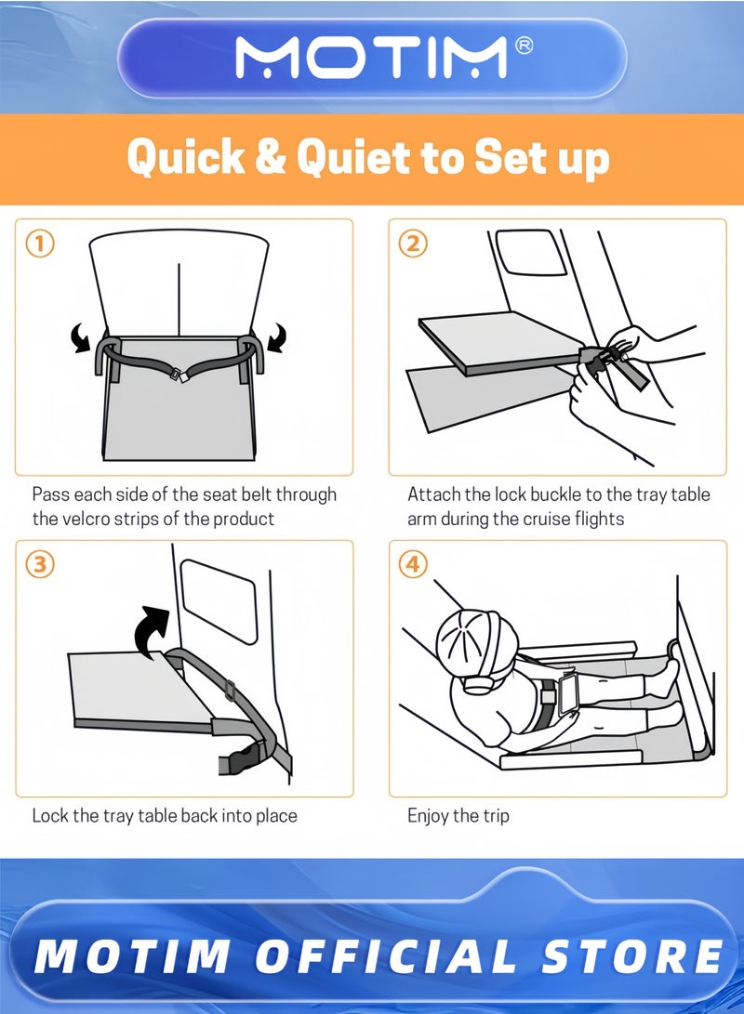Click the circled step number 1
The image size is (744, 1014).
point(39,244)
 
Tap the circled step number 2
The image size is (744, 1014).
point(414,244)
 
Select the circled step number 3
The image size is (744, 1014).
point(39,564)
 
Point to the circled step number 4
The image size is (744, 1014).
point(414,564)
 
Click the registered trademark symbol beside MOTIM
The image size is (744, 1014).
point(524,46)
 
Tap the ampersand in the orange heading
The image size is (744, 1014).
point(271,156)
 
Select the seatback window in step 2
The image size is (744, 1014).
point(530,251)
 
